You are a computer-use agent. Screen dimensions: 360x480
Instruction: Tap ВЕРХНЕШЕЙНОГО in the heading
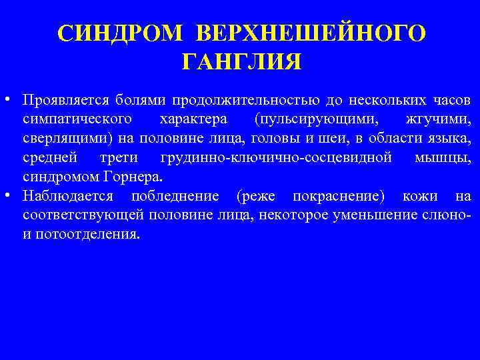click(311, 33)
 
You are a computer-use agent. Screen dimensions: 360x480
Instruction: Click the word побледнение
click(175, 197)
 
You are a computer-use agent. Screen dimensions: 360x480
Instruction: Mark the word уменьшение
click(357, 216)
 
